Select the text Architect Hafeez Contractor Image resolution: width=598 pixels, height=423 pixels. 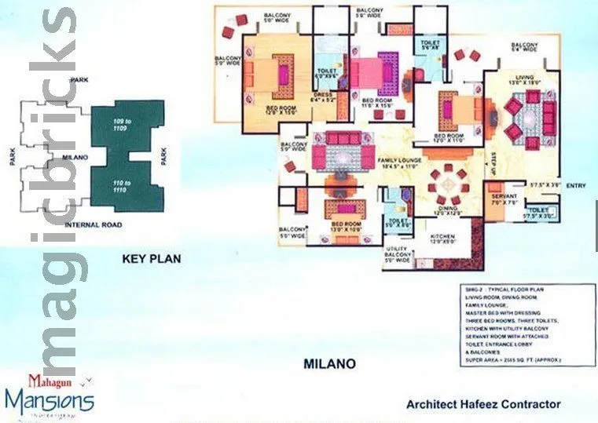[483, 404]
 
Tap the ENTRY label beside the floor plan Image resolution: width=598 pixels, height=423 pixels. [576, 185]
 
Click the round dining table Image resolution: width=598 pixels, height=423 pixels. [446, 181]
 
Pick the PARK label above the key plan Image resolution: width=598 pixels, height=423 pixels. [79, 81]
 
